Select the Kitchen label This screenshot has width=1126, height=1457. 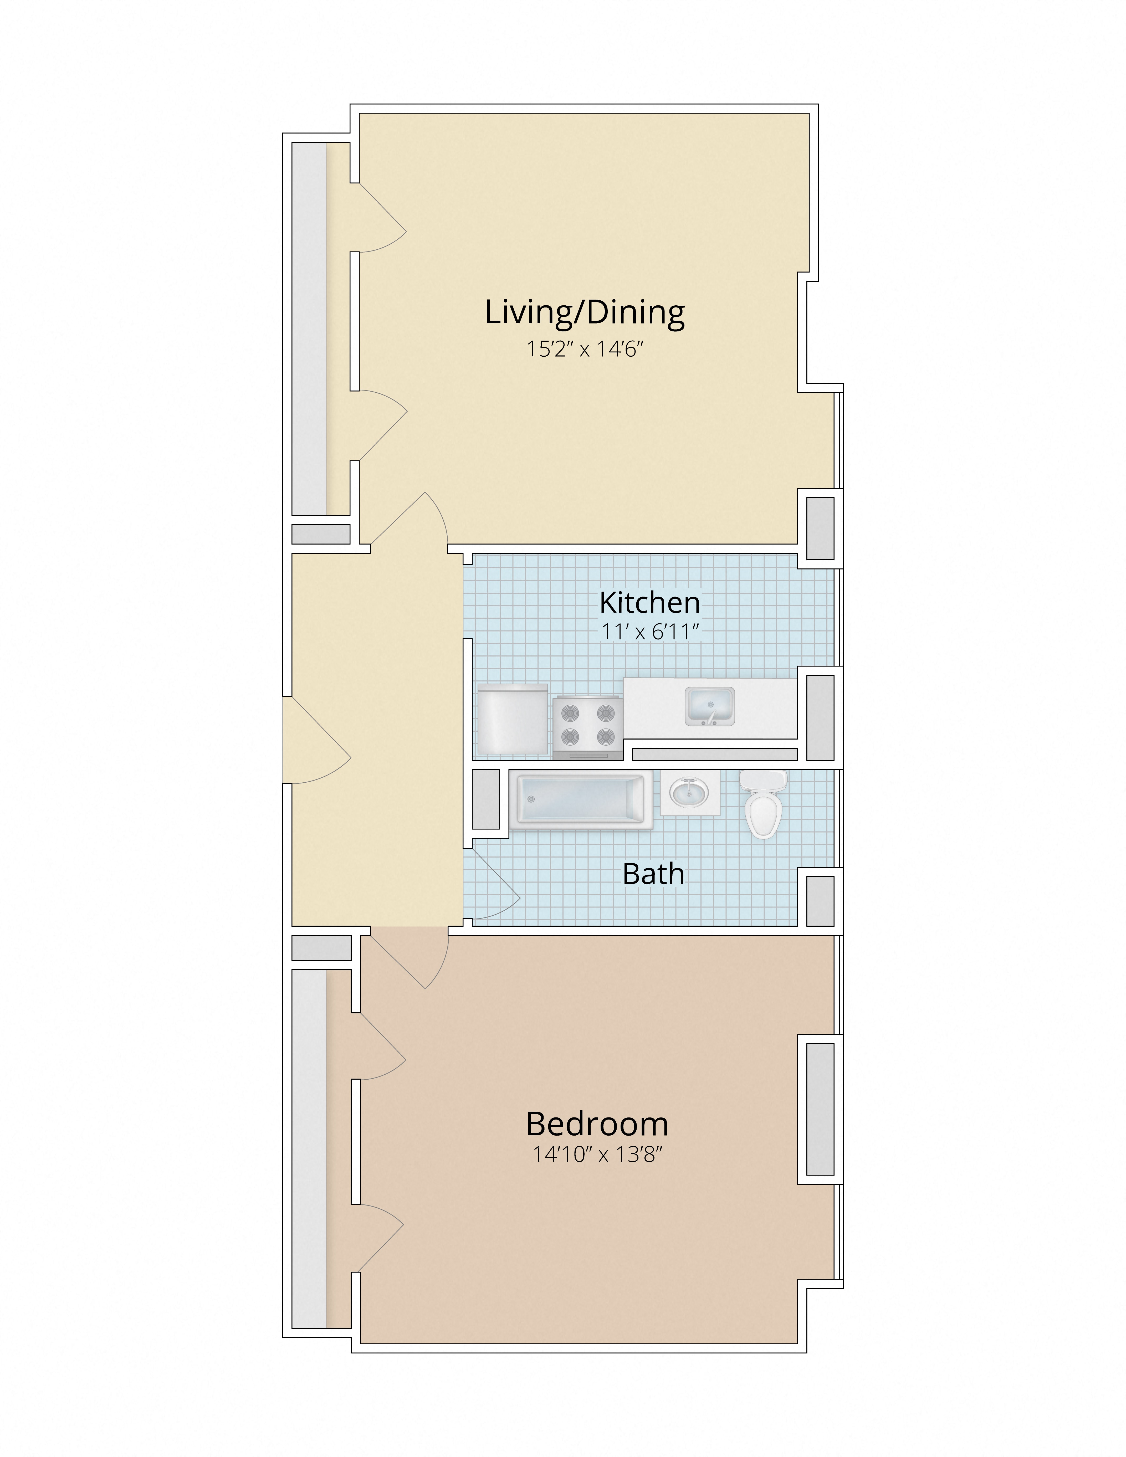[x=650, y=602]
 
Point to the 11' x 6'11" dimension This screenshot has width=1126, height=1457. [x=650, y=631]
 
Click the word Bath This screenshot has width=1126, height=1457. [x=653, y=874]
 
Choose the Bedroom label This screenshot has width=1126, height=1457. [x=597, y=1124]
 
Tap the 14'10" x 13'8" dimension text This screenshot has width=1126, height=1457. [x=597, y=1154]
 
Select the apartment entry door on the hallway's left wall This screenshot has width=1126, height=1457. [x=317, y=739]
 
